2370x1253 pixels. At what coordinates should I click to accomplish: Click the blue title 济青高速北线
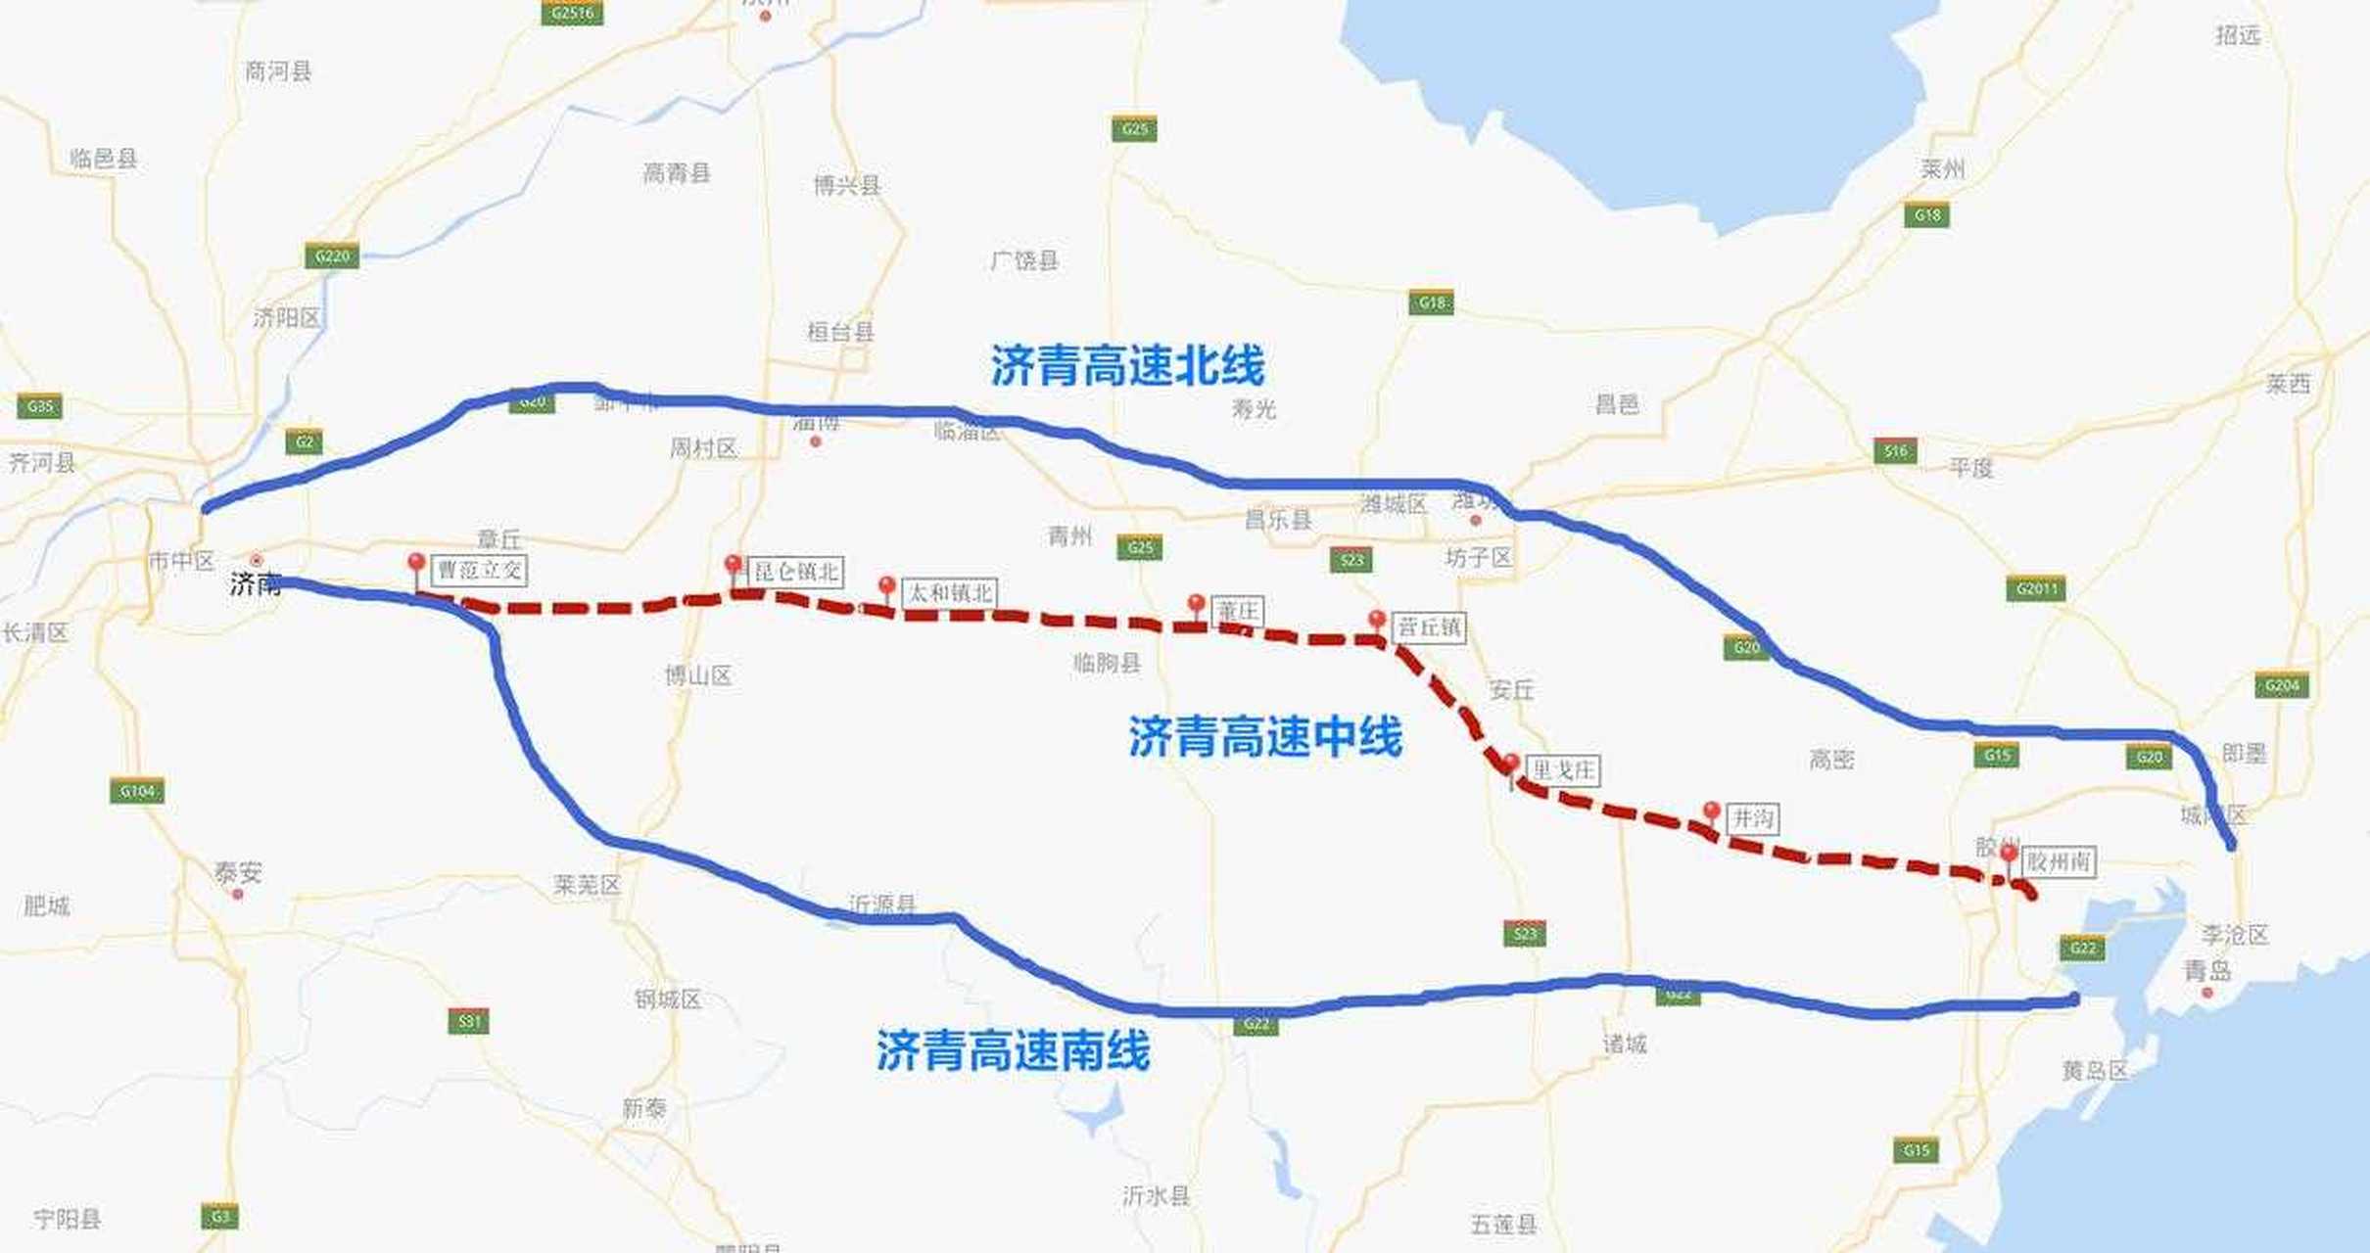(x=1127, y=366)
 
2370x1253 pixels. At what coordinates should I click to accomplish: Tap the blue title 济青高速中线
(x=1265, y=736)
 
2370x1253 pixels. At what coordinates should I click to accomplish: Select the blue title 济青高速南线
(x=1013, y=1051)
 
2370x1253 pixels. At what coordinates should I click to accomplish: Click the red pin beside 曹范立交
(x=416, y=565)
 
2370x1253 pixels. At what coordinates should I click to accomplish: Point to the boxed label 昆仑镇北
(x=797, y=572)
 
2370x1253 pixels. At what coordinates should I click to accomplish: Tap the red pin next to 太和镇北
(x=886, y=587)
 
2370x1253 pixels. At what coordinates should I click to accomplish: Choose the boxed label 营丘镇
(x=1430, y=627)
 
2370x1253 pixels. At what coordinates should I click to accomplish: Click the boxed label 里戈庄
(x=1563, y=771)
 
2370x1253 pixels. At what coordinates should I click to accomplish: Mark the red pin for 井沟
(x=1711, y=812)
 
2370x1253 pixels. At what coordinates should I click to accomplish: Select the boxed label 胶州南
(x=2059, y=862)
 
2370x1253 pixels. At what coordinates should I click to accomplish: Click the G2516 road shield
(x=572, y=13)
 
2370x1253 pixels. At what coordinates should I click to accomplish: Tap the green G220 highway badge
(x=331, y=256)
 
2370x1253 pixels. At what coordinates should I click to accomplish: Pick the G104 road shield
(x=136, y=791)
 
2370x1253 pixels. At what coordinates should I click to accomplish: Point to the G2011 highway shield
(x=2035, y=588)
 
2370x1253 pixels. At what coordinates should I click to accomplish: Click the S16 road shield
(x=1895, y=451)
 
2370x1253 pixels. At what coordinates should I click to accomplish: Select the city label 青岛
(x=2207, y=971)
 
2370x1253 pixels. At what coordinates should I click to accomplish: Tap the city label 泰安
(x=238, y=872)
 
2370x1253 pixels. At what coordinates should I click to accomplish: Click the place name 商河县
(x=278, y=71)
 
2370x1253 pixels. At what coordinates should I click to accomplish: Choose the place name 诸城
(x=1625, y=1044)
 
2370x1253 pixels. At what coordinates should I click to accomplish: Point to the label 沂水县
(x=1157, y=1195)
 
